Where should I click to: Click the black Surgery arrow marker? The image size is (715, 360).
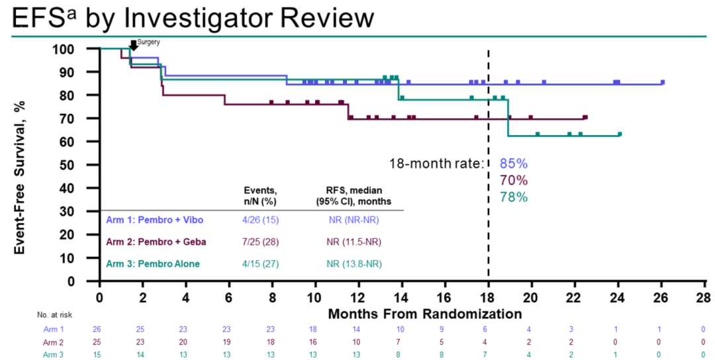[133, 44]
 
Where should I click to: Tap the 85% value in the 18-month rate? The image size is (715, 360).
[514, 164]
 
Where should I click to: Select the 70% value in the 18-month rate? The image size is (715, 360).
[514, 180]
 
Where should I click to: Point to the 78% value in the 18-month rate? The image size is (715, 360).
[514, 197]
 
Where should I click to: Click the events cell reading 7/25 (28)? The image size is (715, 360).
[259, 242]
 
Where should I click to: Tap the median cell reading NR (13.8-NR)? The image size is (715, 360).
[353, 265]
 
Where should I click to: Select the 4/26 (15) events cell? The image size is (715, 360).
[259, 218]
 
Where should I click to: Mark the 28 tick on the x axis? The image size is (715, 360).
[703, 297]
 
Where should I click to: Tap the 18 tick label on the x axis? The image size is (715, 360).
[488, 297]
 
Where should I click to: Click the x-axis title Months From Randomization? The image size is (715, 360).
[424, 312]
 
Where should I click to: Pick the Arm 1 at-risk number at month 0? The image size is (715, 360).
[99, 329]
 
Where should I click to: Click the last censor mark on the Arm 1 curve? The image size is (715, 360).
[662, 82]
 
